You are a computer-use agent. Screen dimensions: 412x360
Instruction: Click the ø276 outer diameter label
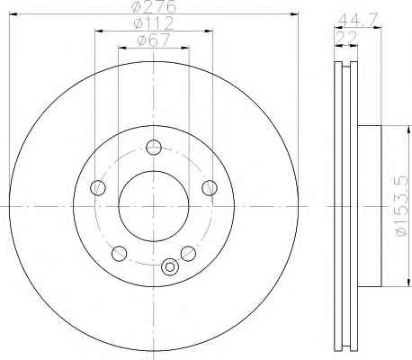pos(154,6)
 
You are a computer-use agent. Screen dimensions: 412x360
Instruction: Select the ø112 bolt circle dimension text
pos(154,23)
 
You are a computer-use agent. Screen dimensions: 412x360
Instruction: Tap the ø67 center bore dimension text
pos(154,40)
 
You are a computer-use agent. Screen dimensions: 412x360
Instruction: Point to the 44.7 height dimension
pos(357,20)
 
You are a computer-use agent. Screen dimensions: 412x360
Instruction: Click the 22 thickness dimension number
pos(347,38)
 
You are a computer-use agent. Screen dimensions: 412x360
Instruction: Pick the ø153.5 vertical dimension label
pos(402,206)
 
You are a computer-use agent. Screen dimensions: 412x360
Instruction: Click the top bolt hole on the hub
pos(154,148)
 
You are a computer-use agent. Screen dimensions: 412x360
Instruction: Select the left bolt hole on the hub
pos(98,188)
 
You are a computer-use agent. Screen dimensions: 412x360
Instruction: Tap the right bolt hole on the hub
pos(210,188)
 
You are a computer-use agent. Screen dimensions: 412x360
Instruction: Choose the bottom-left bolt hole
pos(119,254)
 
